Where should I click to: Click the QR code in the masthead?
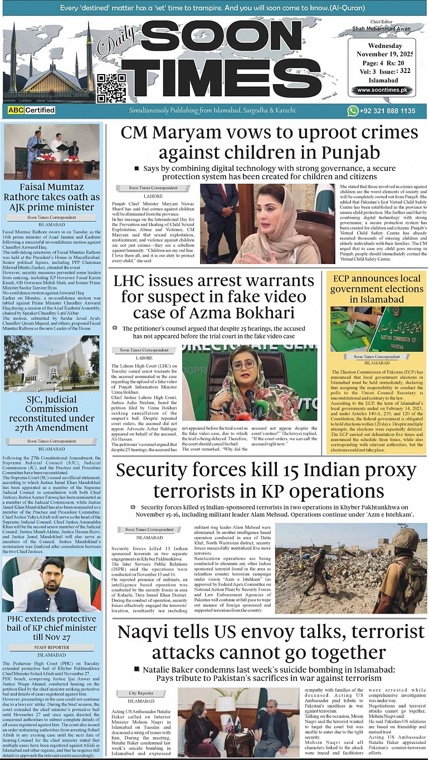111,87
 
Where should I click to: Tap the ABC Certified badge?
31,110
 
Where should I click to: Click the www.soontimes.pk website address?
382,90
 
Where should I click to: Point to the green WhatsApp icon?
353,111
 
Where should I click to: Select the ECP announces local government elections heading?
377,288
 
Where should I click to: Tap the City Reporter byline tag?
141,693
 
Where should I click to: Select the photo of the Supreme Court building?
52,362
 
